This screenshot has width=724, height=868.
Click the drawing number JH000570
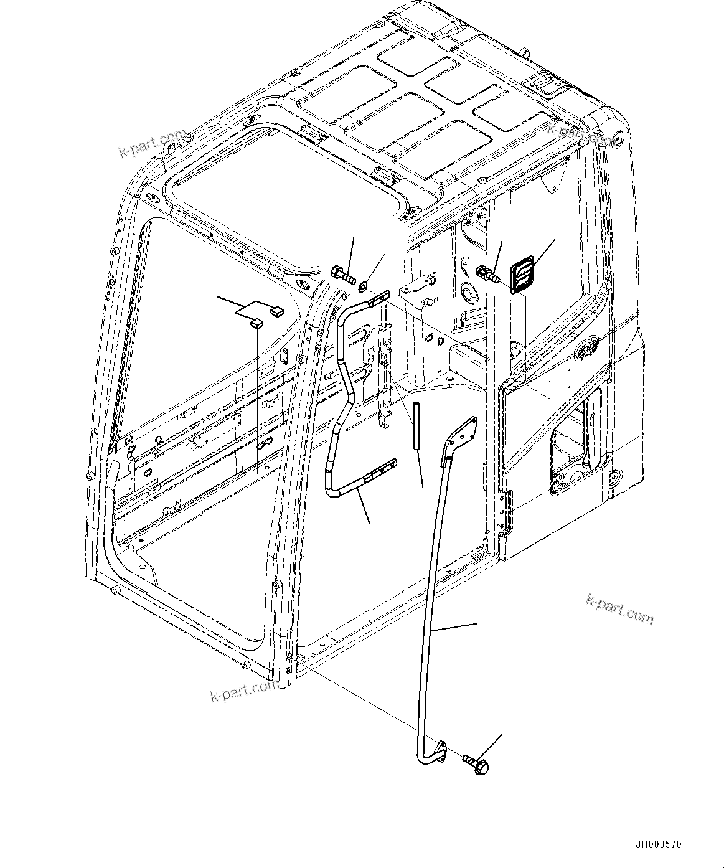click(x=658, y=845)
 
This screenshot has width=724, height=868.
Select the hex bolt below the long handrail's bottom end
click(x=477, y=764)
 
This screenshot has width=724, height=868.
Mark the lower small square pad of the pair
click(x=256, y=323)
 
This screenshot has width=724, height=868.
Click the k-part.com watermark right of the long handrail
click(x=619, y=608)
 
